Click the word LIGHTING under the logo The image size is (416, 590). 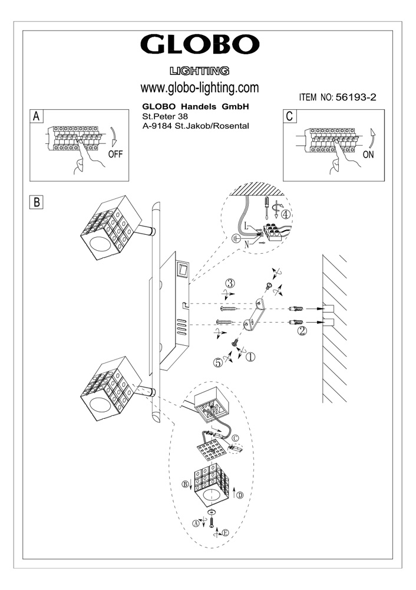tap(199, 71)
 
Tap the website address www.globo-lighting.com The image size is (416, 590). tap(200, 88)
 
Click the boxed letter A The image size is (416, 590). tap(37, 116)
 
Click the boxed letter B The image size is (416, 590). tap(37, 202)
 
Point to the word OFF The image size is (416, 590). tap(116, 156)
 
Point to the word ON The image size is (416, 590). tap(369, 156)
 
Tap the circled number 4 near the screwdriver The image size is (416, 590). tap(286, 215)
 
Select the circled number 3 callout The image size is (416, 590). tap(232, 283)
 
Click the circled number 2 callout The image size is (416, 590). tap(302, 331)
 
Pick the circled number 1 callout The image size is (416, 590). tap(250, 356)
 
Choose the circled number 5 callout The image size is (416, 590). tap(218, 364)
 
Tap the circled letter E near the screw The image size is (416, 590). tap(225, 533)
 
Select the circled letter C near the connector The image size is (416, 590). tap(235, 438)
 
